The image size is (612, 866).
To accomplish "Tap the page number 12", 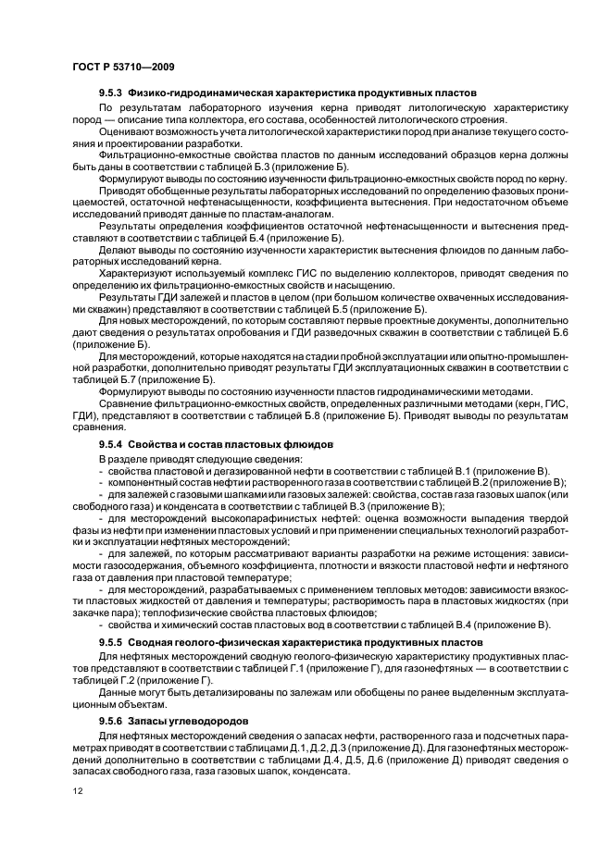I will tap(77, 790).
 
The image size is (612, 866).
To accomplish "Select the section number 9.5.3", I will tap(111, 93).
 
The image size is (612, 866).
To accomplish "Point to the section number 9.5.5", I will tap(111, 641).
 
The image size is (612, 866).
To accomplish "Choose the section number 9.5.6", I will tap(111, 719).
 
